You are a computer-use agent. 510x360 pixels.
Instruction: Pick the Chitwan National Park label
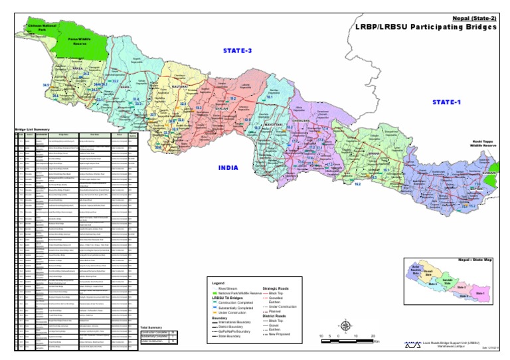36,28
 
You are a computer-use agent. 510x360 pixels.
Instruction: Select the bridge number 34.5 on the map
46,86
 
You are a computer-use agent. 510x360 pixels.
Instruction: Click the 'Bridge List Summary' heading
33,129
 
